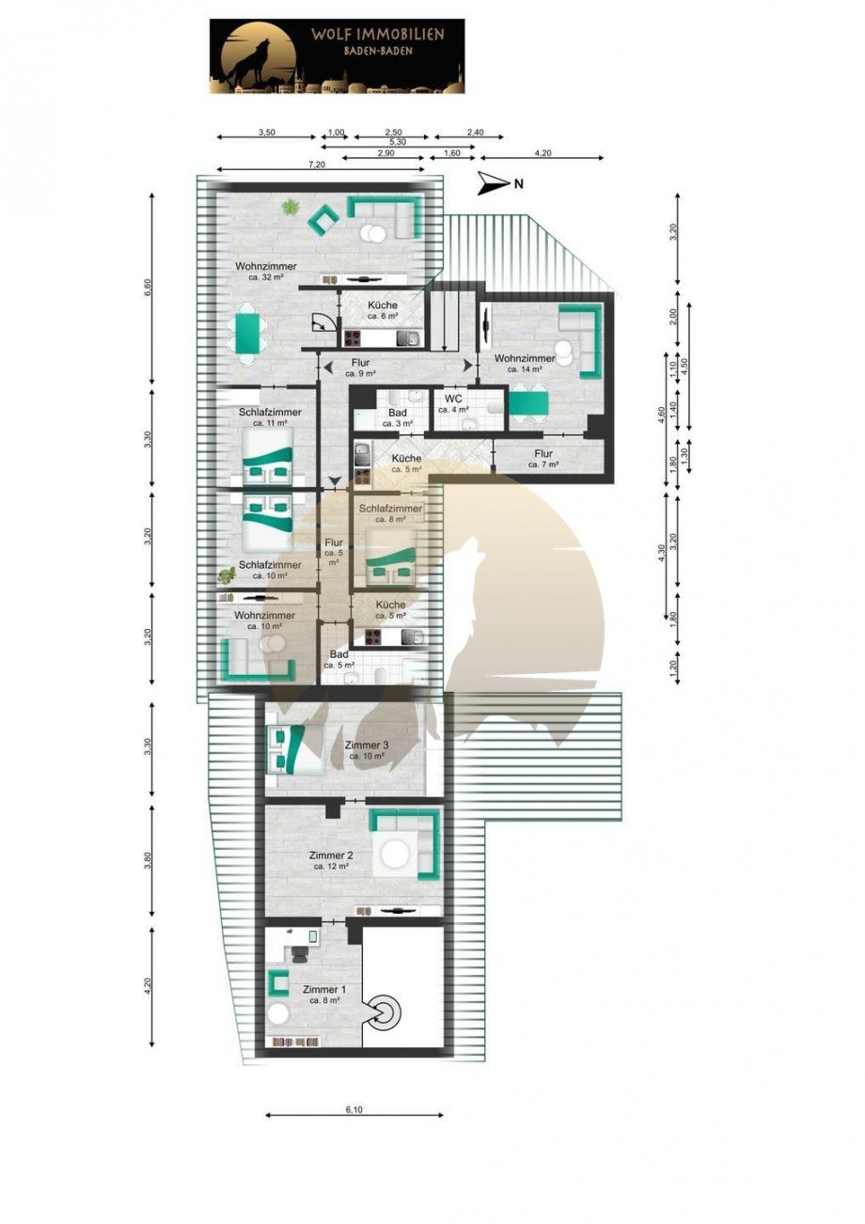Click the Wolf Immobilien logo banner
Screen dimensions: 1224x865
pos(337,56)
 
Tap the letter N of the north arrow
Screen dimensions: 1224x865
pos(517,184)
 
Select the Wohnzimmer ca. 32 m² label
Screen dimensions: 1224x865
pos(266,272)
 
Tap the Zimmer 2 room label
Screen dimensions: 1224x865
pos(331,860)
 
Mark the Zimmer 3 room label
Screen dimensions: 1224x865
pos(367,750)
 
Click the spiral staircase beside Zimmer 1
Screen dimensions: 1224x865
pos(385,1012)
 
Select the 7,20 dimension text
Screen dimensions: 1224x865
pos(317,165)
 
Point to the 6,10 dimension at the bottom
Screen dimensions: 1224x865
pos(354,1110)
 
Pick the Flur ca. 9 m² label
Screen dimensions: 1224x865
pos(361,367)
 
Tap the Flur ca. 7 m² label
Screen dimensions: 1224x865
pos(543,459)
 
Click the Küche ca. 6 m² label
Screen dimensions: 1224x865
pos(382,310)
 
